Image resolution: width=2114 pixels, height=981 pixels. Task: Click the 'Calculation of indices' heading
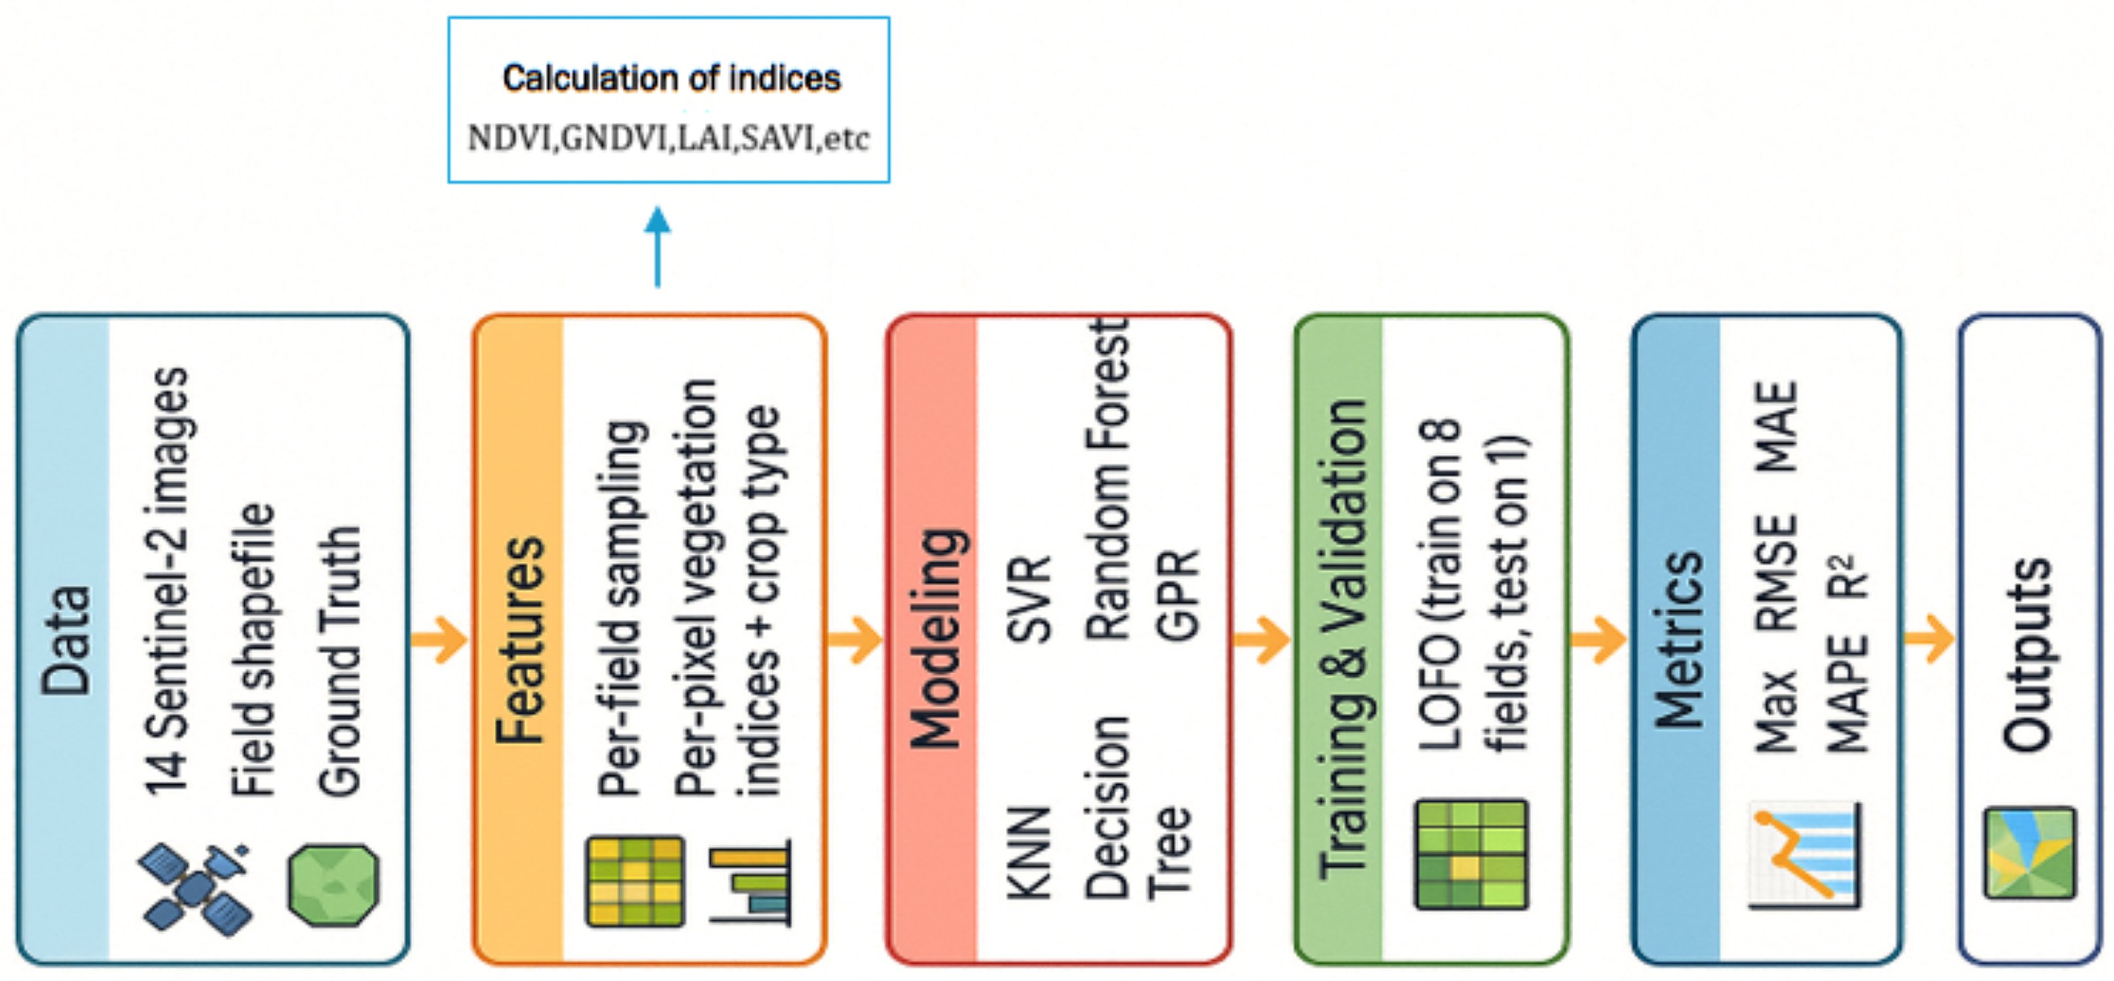pyautogui.click(x=671, y=79)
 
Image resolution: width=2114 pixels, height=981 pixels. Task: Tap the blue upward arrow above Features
pyautogui.click(x=658, y=246)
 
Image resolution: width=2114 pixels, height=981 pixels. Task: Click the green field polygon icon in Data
pyautogui.click(x=333, y=886)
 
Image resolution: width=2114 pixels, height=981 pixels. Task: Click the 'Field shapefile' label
pyautogui.click(x=253, y=650)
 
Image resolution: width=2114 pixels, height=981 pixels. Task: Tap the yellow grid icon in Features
pyautogui.click(x=635, y=881)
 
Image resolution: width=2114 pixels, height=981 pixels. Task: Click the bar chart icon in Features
pyautogui.click(x=750, y=883)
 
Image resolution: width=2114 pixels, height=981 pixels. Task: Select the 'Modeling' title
pyautogui.click(x=937, y=639)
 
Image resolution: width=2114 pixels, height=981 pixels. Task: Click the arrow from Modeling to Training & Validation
pyautogui.click(x=1261, y=640)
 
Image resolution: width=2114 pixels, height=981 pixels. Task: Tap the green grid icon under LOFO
pyautogui.click(x=1472, y=855)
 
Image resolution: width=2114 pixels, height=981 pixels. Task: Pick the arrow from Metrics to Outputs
pyautogui.click(x=1929, y=640)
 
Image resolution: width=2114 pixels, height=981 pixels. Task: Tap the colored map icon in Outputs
pyautogui.click(x=2030, y=854)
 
